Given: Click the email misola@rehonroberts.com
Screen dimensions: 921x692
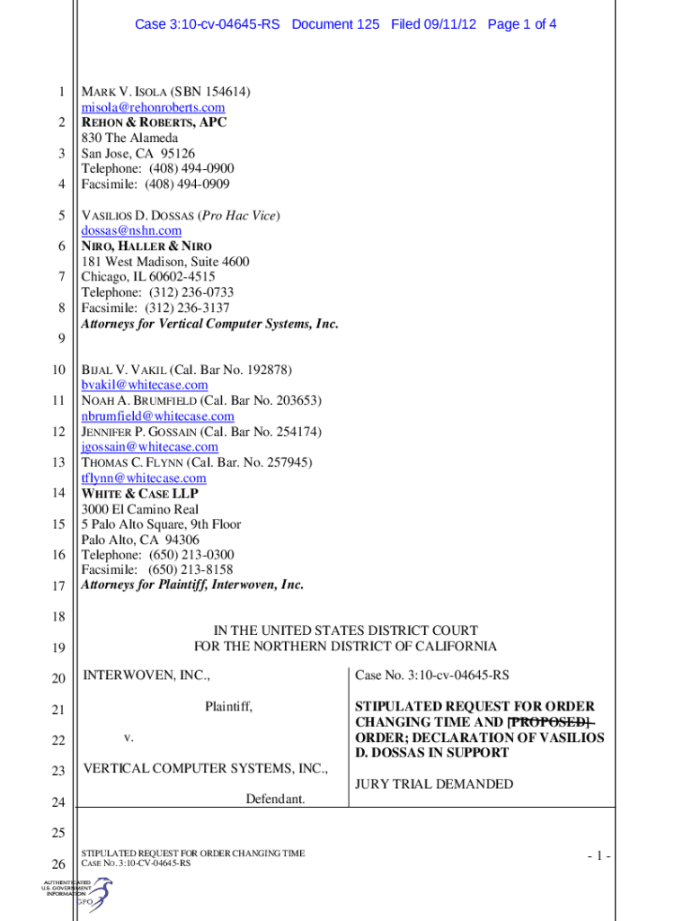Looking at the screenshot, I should pyautogui.click(x=153, y=108).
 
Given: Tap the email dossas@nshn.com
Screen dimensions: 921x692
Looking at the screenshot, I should pyautogui.click(x=131, y=231).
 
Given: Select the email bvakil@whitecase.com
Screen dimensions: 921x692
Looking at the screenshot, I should pyautogui.click(x=144, y=385).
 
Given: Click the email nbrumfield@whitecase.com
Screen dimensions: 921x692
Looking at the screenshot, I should pyautogui.click(x=157, y=416).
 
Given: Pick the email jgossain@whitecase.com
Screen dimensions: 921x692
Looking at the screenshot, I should pyautogui.click(x=149, y=447).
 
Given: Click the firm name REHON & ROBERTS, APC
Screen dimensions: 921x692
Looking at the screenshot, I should pyautogui.click(x=155, y=123).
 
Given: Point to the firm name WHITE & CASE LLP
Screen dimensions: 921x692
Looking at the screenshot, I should pyautogui.click(x=139, y=494).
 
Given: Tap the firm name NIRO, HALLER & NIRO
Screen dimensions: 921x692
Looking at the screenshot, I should pyautogui.click(x=146, y=246).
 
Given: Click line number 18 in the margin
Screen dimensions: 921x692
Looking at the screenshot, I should pyautogui.click(x=58, y=617).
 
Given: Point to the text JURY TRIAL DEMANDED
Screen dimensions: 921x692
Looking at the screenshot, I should pyautogui.click(x=434, y=784).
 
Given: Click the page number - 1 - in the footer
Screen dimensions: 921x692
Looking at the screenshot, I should pyautogui.click(x=594, y=856).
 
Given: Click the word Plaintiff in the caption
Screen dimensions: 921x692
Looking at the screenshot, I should pyautogui.click(x=228, y=707).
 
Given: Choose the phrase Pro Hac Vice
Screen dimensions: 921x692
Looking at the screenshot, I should pyautogui.click(x=240, y=216).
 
